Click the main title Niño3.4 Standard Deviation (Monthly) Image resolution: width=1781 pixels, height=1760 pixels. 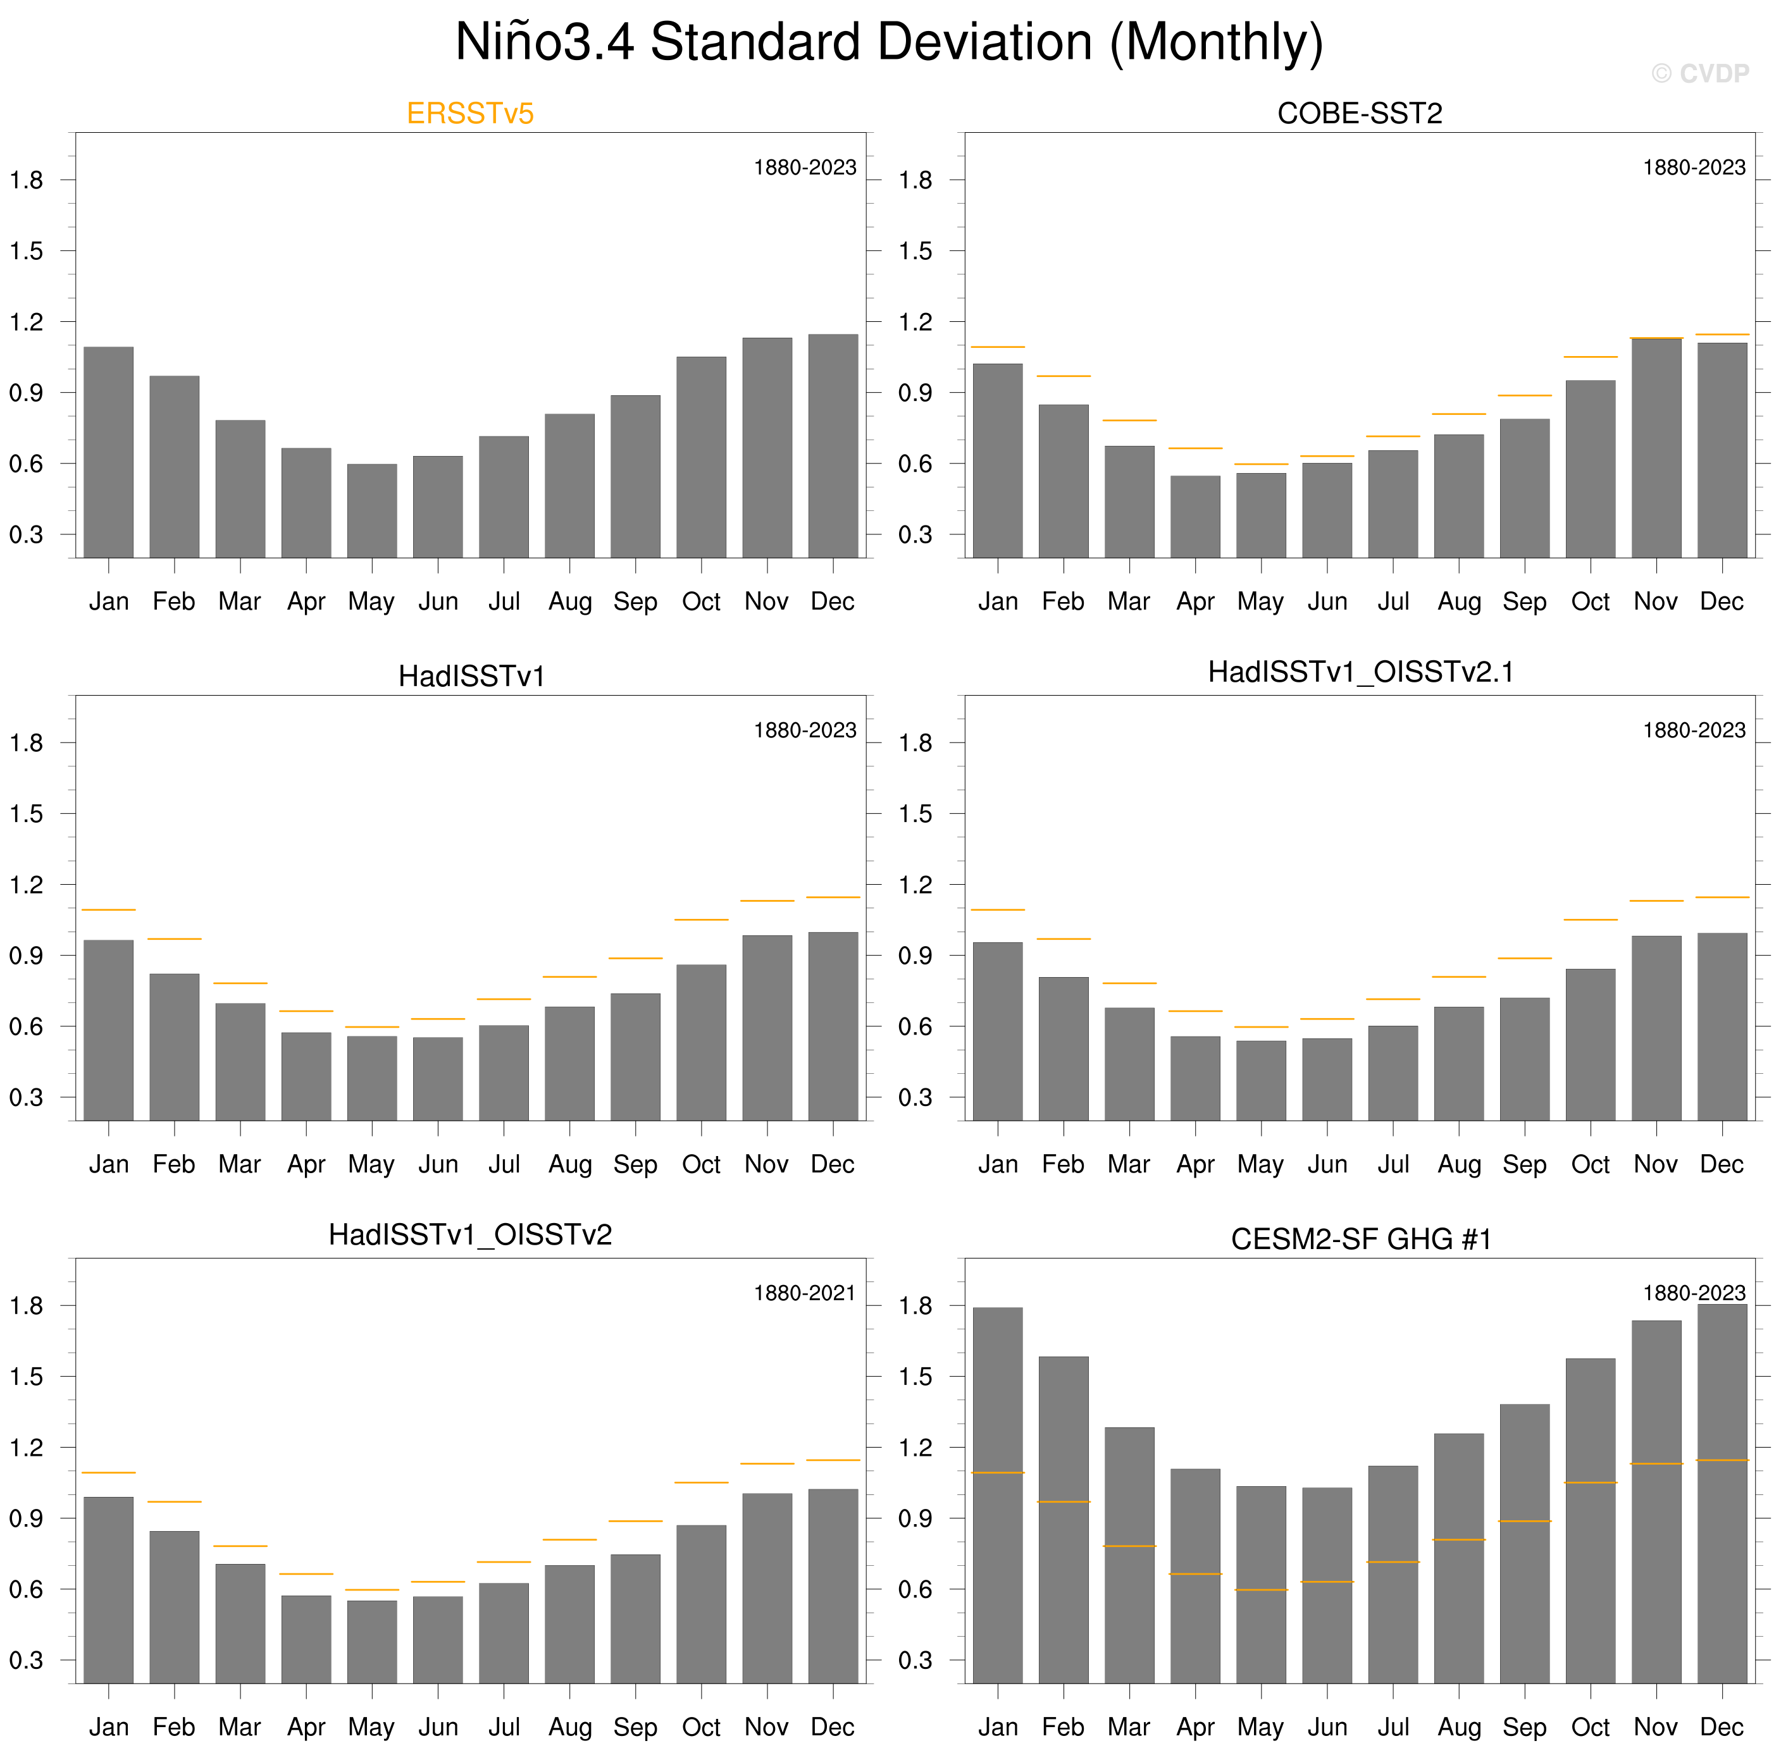tap(889, 42)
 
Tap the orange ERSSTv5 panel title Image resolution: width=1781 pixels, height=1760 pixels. tap(470, 113)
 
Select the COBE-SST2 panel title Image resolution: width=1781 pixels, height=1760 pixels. tap(1360, 113)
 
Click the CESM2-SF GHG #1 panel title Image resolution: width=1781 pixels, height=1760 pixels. tap(1361, 1240)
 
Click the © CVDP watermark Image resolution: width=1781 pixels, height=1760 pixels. tap(1700, 74)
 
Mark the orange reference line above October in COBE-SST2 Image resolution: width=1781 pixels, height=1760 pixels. tap(1591, 357)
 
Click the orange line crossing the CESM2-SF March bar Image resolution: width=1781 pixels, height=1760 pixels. tap(1129, 1546)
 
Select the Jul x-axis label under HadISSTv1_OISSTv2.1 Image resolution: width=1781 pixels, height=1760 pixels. tap(1393, 1165)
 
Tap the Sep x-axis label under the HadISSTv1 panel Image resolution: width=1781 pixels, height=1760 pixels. tap(635, 1165)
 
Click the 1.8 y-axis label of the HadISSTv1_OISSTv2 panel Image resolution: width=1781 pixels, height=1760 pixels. tap(27, 1306)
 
